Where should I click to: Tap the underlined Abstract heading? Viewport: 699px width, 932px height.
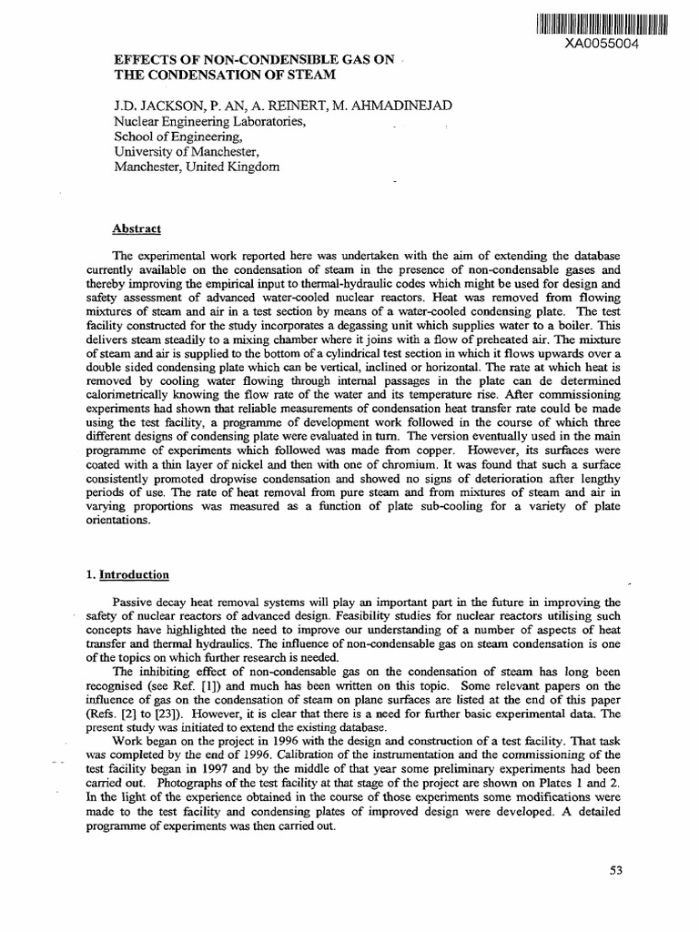137,229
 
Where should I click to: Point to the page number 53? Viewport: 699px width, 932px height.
616,871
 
